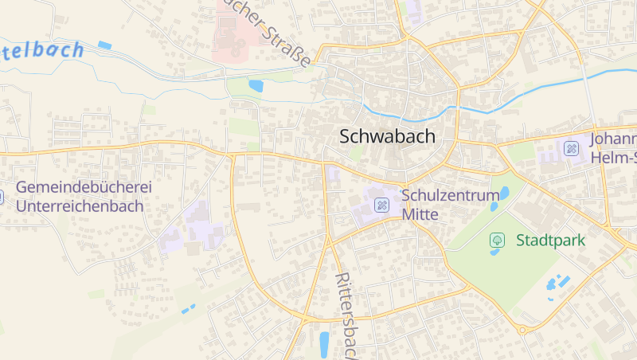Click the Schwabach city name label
click(388, 136)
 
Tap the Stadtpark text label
click(550, 240)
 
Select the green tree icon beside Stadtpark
click(497, 239)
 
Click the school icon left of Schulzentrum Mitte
click(382, 205)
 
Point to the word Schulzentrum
click(451, 195)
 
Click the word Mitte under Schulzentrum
click(420, 214)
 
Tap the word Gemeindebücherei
click(84, 188)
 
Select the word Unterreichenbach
click(80, 206)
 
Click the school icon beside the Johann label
click(572, 148)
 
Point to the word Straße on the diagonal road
click(291, 49)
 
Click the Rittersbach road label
click(346, 315)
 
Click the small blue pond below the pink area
click(256, 85)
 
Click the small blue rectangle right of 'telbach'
click(105, 45)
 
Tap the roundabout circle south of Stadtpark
click(522, 328)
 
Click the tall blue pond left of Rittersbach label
click(324, 343)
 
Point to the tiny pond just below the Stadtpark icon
click(496, 252)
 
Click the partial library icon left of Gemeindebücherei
click(2, 196)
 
